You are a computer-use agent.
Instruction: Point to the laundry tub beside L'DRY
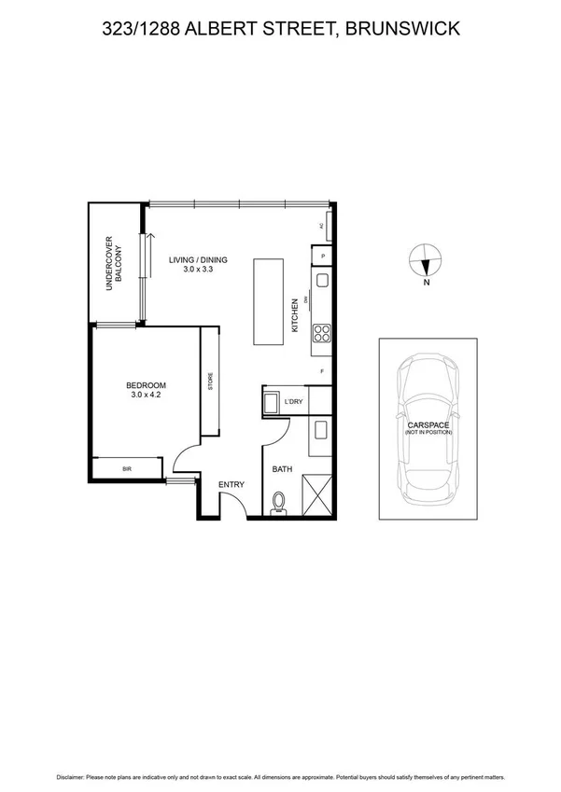[271, 402]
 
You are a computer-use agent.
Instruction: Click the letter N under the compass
[426, 282]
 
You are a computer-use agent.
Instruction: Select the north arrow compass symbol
[426, 259]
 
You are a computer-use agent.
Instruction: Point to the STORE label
[211, 382]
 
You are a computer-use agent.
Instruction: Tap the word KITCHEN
[295, 315]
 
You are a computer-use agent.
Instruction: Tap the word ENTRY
[231, 484]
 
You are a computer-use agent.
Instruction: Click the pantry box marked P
[322, 256]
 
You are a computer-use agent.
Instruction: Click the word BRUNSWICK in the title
[402, 30]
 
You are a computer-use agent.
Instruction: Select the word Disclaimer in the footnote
[75, 776]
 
